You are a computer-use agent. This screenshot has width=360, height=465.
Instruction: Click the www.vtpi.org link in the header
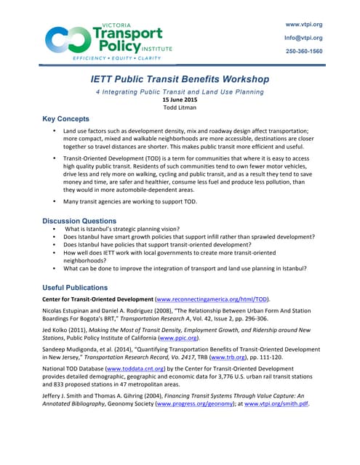pyautogui.click(x=303, y=24)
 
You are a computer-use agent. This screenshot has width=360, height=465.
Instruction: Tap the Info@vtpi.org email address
pyautogui.click(x=303, y=38)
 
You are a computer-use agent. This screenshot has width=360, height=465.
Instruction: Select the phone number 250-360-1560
pyautogui.click(x=303, y=52)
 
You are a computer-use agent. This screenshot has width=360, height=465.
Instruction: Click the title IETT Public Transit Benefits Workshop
pyautogui.click(x=180, y=78)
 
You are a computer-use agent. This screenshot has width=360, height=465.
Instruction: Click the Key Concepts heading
pyautogui.click(x=65, y=118)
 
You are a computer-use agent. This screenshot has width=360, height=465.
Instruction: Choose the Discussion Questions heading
pyautogui.click(x=79, y=220)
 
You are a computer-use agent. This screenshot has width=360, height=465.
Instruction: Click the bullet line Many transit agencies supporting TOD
pyautogui.click(x=129, y=201)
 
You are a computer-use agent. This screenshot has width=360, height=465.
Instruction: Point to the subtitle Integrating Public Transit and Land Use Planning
pyautogui.click(x=180, y=92)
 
